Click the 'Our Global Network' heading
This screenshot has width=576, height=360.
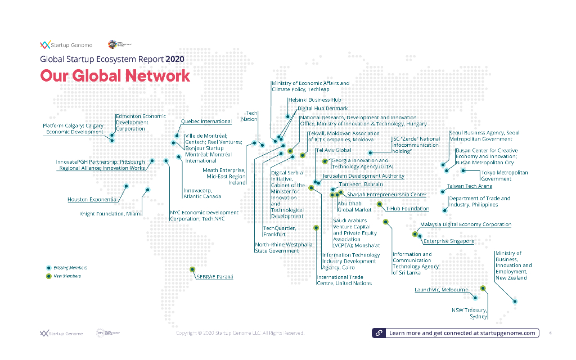coord(115,76)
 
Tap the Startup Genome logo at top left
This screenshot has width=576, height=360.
coord(66,45)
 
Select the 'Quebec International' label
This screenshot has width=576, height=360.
coord(206,121)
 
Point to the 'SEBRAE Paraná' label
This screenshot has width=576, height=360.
coord(214,277)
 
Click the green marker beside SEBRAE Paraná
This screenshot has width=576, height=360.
coord(192,269)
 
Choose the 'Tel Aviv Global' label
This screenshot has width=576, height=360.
coord(334,150)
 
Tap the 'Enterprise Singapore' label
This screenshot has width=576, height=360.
coord(448,241)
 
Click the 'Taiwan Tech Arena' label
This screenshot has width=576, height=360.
coord(470,186)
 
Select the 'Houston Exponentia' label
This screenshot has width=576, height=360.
coord(92,200)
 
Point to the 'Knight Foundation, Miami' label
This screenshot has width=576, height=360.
coord(110,214)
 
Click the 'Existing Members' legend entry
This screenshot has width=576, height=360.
coord(70,268)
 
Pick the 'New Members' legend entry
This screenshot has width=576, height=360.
coord(67,276)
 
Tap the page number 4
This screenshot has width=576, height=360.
coord(550,333)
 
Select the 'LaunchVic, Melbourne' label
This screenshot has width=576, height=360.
coord(441,290)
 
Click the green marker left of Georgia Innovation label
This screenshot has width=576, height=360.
coord(325,161)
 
